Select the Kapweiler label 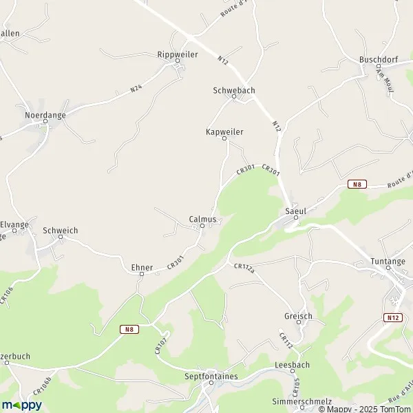coord(224,131)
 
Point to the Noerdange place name coord(45,115)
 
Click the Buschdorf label coord(378,59)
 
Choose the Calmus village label coord(202,219)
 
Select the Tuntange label coord(388,262)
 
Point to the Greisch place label coord(298,316)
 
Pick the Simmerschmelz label coord(302,401)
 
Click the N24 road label coord(137,87)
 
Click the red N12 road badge coord(392,317)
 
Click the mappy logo coord(21,405)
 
